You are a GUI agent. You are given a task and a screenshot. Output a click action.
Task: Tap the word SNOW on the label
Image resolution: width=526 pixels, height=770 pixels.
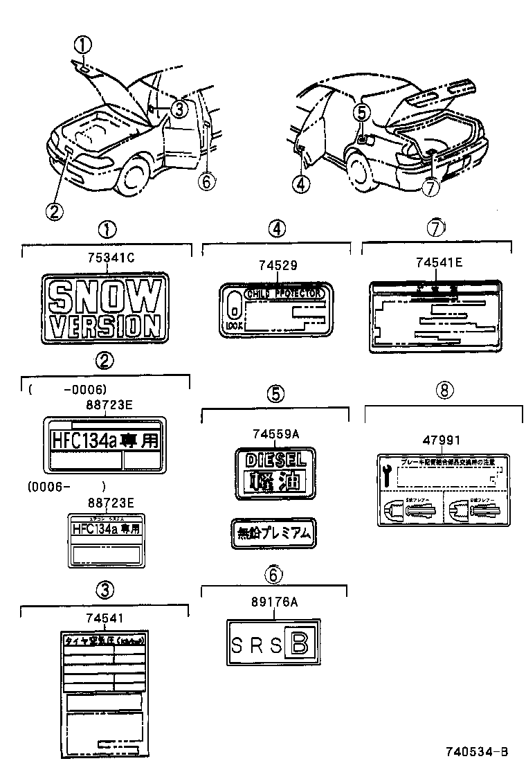point(105,297)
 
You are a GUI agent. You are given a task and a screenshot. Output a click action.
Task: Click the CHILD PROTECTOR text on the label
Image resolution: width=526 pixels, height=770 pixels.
point(284,294)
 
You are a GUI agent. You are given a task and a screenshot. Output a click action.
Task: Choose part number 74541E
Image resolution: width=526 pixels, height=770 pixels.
point(439,262)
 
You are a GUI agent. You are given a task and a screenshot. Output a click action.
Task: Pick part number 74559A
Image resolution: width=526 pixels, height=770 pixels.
point(275,434)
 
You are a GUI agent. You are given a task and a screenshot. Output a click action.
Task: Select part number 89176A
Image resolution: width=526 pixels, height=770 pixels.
point(274,602)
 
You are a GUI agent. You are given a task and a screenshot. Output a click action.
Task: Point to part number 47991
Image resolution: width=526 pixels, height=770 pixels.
point(441,440)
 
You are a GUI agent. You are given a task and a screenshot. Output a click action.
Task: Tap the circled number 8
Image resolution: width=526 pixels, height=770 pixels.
point(444,390)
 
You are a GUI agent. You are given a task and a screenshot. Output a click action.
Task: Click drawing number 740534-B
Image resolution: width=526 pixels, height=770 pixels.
point(478,751)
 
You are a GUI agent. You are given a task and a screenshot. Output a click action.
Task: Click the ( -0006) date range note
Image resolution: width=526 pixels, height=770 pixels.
point(68,390)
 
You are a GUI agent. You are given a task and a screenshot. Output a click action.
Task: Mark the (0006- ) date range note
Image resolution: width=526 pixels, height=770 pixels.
point(66,486)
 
